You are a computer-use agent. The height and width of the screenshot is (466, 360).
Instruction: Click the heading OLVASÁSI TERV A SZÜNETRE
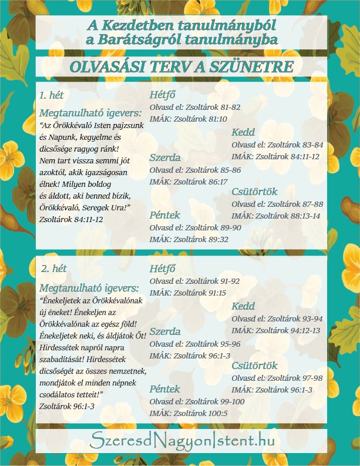[181, 67]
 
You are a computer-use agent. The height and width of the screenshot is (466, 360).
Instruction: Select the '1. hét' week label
[51, 95]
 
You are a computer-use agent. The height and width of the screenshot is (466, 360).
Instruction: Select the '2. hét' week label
[53, 269]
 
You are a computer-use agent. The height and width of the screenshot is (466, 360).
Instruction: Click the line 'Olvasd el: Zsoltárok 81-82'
[195, 108]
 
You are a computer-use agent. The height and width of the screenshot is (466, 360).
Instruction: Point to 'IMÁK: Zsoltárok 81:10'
[188, 119]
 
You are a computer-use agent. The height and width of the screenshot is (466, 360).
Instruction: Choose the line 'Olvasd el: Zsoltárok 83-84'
[277, 145]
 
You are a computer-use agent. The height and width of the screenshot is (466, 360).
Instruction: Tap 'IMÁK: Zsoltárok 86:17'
[188, 182]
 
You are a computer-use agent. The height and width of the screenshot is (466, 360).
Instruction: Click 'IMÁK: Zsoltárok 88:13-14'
[275, 215]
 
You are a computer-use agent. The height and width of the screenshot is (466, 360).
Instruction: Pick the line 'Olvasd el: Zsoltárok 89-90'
[195, 227]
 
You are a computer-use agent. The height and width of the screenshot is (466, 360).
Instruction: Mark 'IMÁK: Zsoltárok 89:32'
[188, 239]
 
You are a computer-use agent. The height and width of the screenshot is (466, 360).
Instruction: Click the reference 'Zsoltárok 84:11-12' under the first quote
[70, 219]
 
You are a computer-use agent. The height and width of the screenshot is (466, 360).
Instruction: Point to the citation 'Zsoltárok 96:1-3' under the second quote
[66, 405]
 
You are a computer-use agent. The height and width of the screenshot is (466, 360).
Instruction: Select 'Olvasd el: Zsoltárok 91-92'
[195, 281]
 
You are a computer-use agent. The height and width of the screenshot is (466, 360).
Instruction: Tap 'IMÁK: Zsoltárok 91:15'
[188, 293]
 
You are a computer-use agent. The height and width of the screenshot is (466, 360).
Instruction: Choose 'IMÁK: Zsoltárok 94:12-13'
[275, 330]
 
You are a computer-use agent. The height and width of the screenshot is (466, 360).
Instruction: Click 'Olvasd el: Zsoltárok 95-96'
[195, 344]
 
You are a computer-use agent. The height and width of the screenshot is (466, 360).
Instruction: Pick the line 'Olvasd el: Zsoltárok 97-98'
[277, 378]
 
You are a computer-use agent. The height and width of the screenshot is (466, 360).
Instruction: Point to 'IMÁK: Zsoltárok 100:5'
[188, 413]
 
